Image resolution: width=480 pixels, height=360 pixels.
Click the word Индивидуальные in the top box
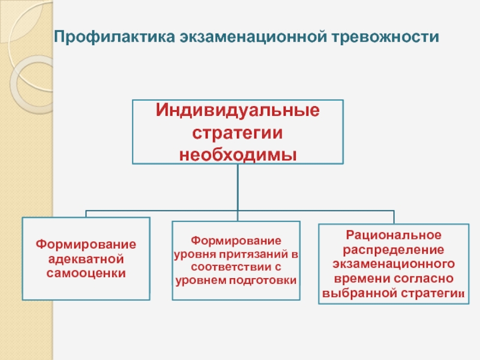[238, 111]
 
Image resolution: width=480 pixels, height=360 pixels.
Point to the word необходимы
[238, 154]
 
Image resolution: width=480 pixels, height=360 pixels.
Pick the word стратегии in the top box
[238, 132]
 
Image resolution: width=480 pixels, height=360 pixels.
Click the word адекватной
[86, 259]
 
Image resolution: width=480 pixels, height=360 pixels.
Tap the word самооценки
[86, 273]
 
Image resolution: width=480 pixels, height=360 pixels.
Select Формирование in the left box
[86, 245]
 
